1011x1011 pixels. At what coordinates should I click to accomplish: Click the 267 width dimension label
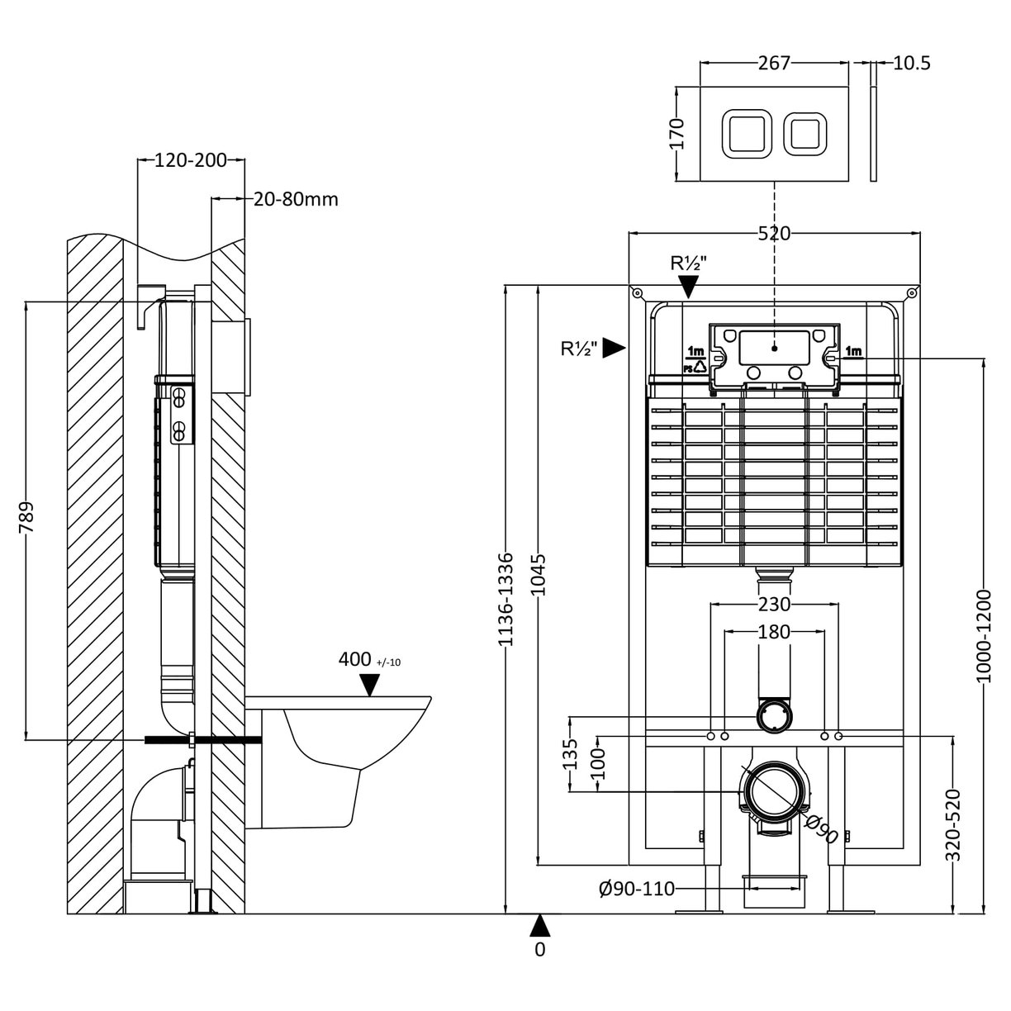pos(774,63)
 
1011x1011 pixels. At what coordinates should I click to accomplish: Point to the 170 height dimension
pos(676,132)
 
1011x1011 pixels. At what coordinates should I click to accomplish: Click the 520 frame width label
pos(774,234)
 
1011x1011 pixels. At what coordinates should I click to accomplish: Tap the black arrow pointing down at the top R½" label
pos(688,287)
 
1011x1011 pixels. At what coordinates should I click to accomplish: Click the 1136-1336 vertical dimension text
pos(506,598)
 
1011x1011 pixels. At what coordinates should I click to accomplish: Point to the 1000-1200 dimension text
pos(982,636)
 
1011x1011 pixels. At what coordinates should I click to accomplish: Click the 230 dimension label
pos(774,605)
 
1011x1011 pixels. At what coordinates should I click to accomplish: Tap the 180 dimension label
pos(774,632)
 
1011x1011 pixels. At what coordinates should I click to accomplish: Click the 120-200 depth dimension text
pos(191,160)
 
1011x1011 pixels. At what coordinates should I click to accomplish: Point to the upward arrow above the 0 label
pos(539,925)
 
